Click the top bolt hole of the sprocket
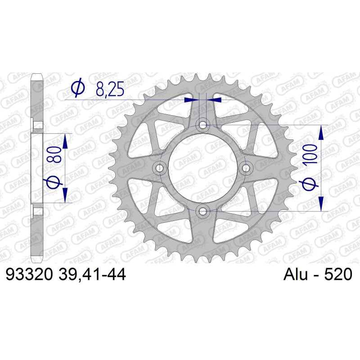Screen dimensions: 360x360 (203, 125)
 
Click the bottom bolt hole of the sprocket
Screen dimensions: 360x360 (203, 211)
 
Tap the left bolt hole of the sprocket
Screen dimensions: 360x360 (160, 168)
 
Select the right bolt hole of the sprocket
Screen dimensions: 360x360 (246, 168)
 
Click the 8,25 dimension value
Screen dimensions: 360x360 (110, 88)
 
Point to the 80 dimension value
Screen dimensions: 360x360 (55, 155)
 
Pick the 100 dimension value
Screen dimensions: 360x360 (310, 154)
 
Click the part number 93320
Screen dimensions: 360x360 (29, 274)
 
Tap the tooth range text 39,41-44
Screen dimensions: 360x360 (92, 274)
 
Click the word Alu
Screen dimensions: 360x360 (296, 274)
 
